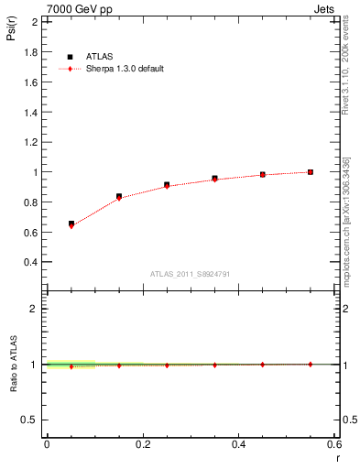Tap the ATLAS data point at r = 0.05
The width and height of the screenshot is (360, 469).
[71, 224]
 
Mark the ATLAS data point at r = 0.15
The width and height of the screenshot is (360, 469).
[119, 196]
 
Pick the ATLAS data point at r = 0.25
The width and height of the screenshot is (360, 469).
[167, 185]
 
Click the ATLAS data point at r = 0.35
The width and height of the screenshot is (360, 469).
[214, 179]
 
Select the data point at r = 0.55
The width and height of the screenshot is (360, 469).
[311, 172]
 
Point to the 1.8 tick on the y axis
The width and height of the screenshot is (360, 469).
[31, 52]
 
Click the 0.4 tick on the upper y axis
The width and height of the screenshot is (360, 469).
[31, 262]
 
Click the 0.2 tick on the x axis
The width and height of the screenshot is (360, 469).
[142, 444]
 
